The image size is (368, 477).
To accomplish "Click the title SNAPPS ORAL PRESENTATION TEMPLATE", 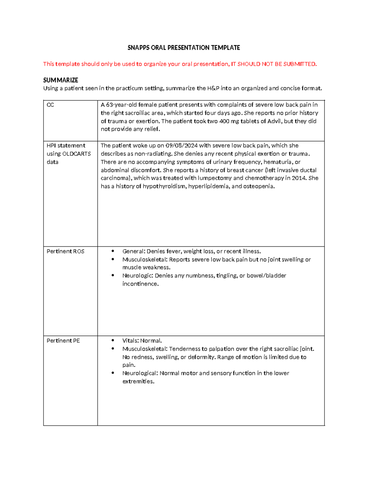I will [x=184, y=48].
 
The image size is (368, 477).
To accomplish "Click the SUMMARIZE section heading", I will [x=60, y=80].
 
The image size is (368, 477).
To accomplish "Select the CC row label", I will [x=50, y=105].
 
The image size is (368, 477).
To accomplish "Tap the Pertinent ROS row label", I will [x=65, y=251].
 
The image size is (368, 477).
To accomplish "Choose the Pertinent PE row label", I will [x=63, y=341].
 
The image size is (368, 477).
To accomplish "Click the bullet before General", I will [x=113, y=251].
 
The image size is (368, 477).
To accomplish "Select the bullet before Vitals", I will [x=113, y=341].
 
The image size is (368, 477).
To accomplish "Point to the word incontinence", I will [x=140, y=284].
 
